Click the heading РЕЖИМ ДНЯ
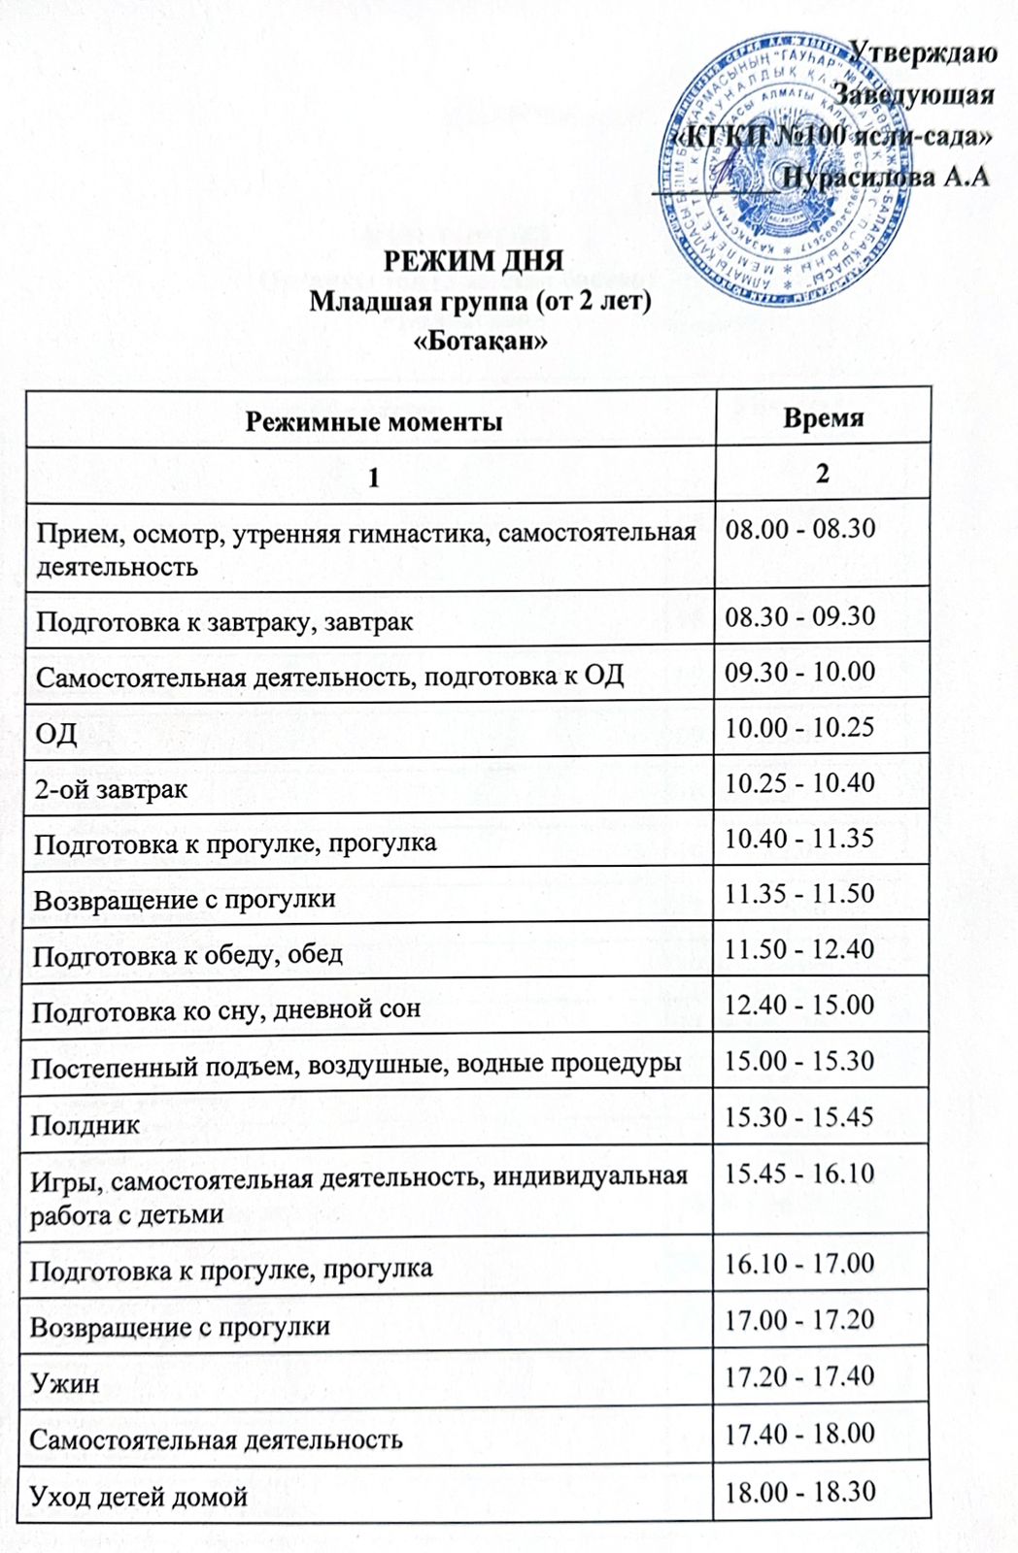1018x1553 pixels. tap(473, 261)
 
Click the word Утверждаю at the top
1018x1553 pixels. tap(923, 52)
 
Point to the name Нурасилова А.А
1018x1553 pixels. tap(886, 177)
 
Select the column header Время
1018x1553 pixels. tap(823, 417)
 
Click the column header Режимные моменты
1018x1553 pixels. tap(373, 421)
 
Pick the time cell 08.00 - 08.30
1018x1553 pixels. tap(800, 529)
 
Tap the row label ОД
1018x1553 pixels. tap(56, 733)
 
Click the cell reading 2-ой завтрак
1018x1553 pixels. tap(112, 789)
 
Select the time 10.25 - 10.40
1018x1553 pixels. tap(799, 782)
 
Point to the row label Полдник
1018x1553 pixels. tap(85, 1125)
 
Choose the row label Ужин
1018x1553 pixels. tap(64, 1382)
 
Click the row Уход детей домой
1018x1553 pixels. tap(139, 1497)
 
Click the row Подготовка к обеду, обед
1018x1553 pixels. tap(188, 955)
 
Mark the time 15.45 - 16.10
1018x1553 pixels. tap(799, 1173)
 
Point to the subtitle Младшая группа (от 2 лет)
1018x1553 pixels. tap(480, 301)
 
